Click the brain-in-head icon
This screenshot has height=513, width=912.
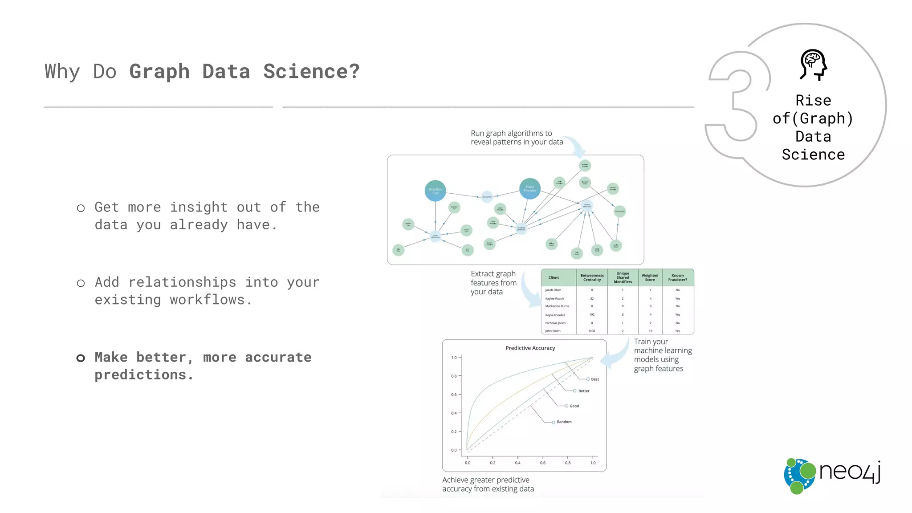(x=813, y=65)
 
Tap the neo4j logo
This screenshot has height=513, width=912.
(x=832, y=476)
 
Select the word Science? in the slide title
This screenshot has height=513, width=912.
(x=311, y=71)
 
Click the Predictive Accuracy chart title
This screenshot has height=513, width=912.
(x=530, y=348)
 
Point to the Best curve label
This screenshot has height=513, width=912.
(x=594, y=379)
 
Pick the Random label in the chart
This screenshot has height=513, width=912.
(x=564, y=422)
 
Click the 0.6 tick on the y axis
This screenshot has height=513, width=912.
(x=454, y=395)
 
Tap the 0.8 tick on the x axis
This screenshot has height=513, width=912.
(x=568, y=463)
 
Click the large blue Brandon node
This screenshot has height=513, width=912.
(x=435, y=191)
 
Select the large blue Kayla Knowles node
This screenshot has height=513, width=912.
(x=530, y=189)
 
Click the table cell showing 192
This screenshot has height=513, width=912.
(x=592, y=314)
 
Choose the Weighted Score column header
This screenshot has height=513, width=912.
(x=650, y=277)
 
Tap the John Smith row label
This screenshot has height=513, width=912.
(x=553, y=331)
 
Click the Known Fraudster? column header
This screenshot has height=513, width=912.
(x=677, y=277)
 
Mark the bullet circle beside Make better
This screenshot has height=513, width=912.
(x=81, y=358)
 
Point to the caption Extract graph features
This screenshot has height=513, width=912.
(x=493, y=283)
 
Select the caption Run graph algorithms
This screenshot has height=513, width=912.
(x=517, y=138)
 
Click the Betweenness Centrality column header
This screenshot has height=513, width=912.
(x=592, y=277)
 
